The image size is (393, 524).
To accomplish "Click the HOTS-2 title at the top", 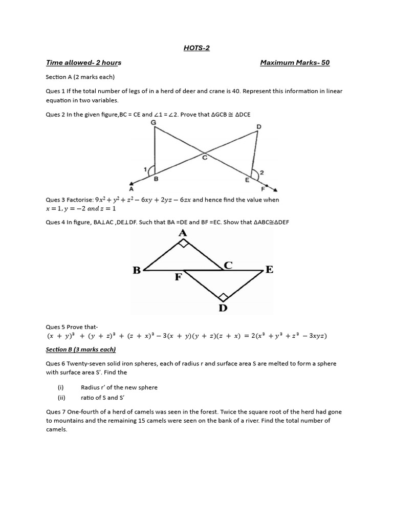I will [x=196, y=48].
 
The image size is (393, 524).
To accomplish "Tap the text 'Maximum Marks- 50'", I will [x=295, y=63].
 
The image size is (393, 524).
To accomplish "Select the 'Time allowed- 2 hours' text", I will [x=83, y=63].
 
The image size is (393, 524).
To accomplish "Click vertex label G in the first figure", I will [x=154, y=123].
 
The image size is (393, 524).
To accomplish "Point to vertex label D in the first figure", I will [x=259, y=126].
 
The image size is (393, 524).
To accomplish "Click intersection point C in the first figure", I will [x=204, y=158].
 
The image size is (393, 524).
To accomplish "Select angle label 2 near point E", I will [x=261, y=173].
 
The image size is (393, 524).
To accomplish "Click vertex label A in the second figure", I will [x=183, y=233].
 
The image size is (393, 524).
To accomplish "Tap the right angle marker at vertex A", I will [x=183, y=244].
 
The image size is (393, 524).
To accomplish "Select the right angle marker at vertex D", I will [x=223, y=297].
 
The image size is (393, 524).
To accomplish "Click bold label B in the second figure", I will [x=137, y=270].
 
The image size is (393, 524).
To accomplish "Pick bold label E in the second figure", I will [x=269, y=270].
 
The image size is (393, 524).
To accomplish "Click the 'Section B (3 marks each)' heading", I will [x=81, y=350].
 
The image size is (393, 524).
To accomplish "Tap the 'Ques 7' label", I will [x=55, y=412].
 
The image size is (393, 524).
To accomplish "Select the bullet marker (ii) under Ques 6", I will [x=60, y=397].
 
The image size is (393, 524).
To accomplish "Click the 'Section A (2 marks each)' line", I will [x=80, y=77].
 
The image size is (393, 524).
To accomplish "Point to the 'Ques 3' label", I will [x=55, y=200].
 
